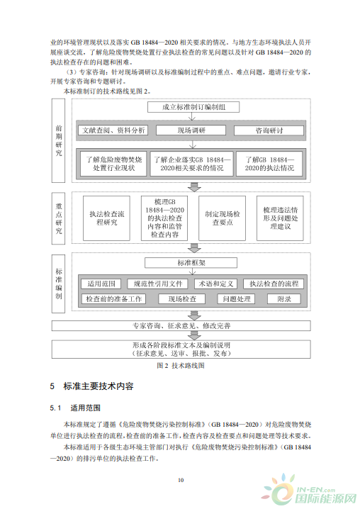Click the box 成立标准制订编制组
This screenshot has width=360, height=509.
(x=193, y=107)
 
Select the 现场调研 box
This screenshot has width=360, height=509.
(x=191, y=130)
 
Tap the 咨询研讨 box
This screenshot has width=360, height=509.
(x=269, y=130)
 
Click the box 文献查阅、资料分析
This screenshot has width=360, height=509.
(x=113, y=130)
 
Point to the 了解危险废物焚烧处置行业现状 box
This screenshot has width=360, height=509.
(x=113, y=164)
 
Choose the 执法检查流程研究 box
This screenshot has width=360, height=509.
(x=106, y=218)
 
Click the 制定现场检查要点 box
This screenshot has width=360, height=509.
(x=222, y=218)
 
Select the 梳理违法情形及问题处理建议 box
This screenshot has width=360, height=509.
(x=280, y=218)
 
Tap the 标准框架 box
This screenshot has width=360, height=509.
(x=191, y=263)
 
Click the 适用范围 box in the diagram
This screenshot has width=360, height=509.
(x=101, y=284)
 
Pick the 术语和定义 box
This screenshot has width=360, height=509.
(x=215, y=284)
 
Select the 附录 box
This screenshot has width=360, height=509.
(x=284, y=299)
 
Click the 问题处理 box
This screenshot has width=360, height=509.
(x=236, y=299)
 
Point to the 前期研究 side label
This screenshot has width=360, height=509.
(x=58, y=140)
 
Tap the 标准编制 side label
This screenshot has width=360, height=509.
(x=58, y=284)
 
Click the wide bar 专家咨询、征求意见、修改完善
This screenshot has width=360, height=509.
(x=181, y=325)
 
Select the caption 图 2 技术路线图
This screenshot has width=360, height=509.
(x=181, y=366)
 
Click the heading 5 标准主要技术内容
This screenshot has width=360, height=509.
(x=91, y=386)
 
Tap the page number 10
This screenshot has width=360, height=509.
(x=181, y=480)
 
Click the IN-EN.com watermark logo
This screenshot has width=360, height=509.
(x=309, y=493)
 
